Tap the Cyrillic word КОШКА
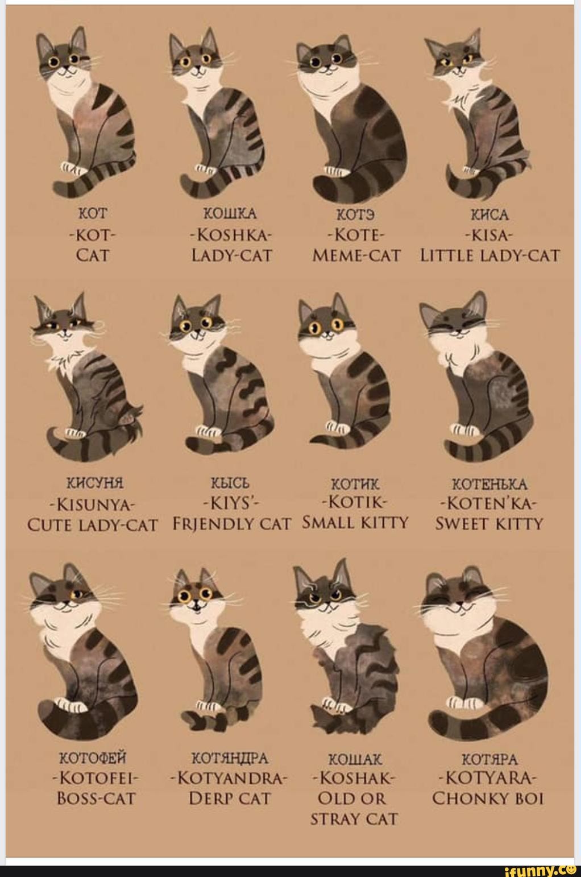point(230,214)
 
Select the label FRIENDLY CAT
point(232,523)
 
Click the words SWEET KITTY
point(489,523)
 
